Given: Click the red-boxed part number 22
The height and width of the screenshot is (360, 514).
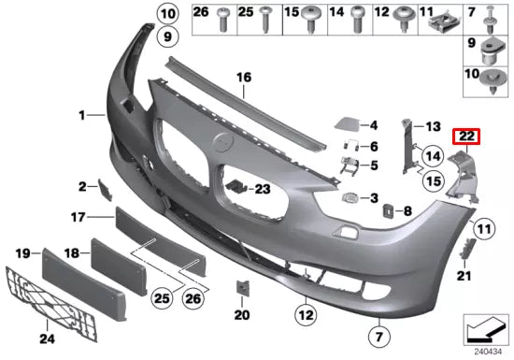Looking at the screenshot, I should [x=467, y=137].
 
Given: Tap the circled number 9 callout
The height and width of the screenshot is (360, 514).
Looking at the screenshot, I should [x=165, y=37].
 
